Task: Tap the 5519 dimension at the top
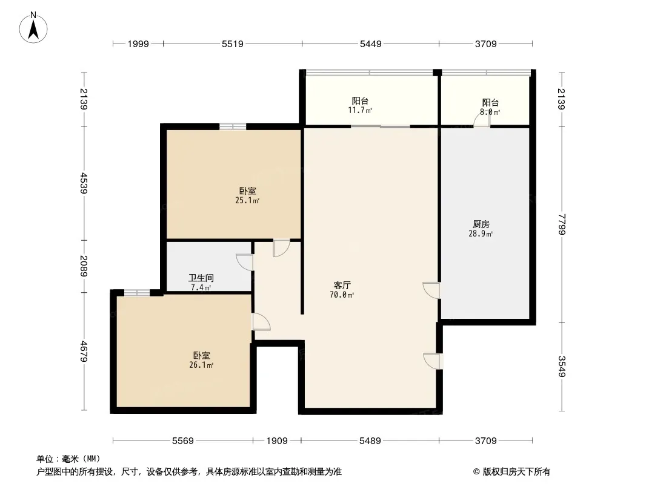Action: (x=233, y=44)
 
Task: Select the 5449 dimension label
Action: (x=371, y=44)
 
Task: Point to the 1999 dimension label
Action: (x=138, y=44)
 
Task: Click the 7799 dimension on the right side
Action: (x=562, y=224)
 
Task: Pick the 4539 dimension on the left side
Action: (x=84, y=183)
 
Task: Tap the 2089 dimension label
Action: (x=84, y=266)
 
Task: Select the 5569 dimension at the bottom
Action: (x=183, y=441)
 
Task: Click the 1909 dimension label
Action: (x=277, y=441)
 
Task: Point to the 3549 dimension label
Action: (x=562, y=366)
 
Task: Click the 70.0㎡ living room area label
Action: (x=342, y=295)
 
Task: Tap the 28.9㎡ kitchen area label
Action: (x=481, y=234)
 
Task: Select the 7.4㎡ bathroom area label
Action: (x=201, y=287)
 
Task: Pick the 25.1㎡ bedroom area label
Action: (x=247, y=201)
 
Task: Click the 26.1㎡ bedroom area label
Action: (x=201, y=365)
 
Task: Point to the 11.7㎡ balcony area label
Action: (x=360, y=110)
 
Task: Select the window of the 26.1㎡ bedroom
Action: (x=137, y=293)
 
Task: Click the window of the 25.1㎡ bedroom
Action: (x=233, y=126)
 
